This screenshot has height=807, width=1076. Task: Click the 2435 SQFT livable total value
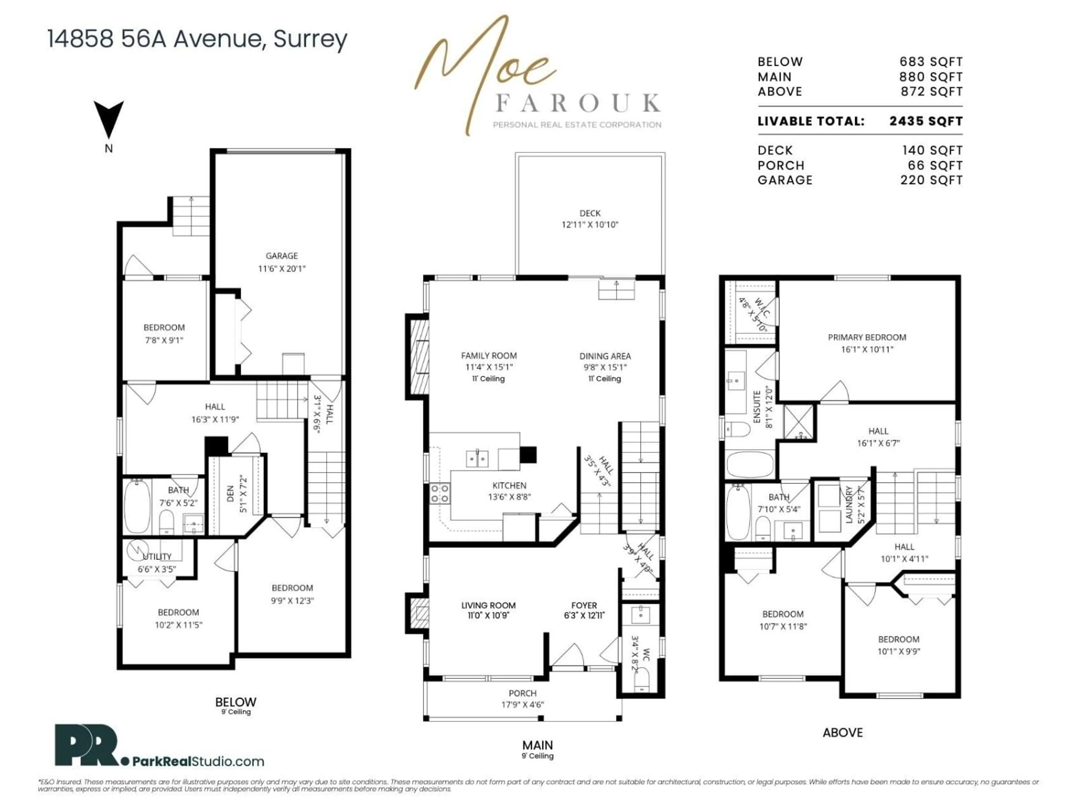click(926, 121)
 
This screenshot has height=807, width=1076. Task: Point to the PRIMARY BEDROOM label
click(867, 337)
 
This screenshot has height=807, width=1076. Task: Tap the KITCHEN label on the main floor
click(509, 486)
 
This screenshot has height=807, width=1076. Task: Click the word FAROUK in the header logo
click(578, 103)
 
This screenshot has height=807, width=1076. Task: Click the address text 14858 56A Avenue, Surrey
click(197, 39)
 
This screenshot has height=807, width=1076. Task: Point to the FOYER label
click(584, 606)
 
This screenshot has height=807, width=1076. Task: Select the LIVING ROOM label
click(488, 606)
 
